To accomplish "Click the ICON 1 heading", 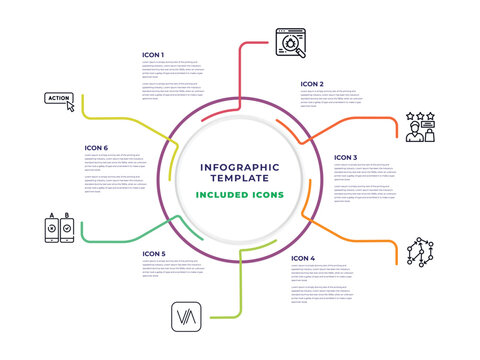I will click(153, 54).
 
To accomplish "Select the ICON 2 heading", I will click(312, 84).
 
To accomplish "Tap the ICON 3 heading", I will click(345, 157).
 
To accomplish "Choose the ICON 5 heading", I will click(153, 254).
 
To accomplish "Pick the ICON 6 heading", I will click(96, 148).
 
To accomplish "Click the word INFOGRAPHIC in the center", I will click(239, 166).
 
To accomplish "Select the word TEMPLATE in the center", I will click(239, 179).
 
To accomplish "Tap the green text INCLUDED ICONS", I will click(239, 194).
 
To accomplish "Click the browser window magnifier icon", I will click(289, 43).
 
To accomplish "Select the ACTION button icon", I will click(59, 99).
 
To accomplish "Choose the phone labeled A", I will click(52, 229).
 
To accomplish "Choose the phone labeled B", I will click(67, 229).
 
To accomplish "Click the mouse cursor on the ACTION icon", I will click(70, 105).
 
